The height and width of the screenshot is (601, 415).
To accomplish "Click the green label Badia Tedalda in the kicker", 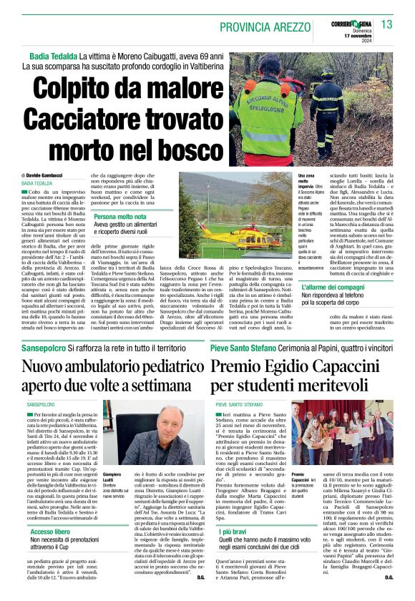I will (x=54, y=56).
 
